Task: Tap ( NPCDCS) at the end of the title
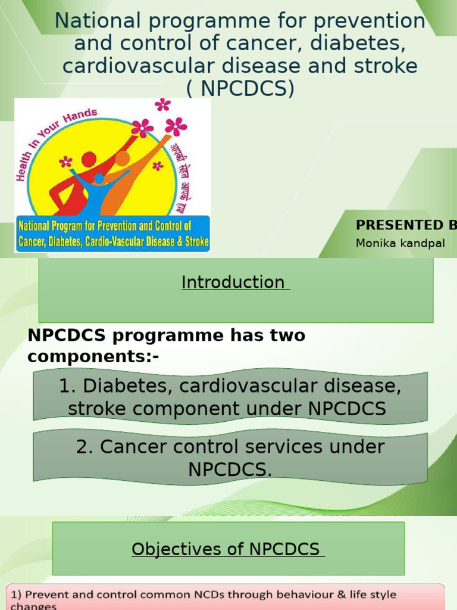240,88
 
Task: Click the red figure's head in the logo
89,159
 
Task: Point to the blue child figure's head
99,179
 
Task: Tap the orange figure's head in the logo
122,158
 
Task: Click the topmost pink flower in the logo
162,105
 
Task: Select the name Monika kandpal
400,243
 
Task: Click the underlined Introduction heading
233,282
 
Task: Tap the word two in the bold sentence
286,335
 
